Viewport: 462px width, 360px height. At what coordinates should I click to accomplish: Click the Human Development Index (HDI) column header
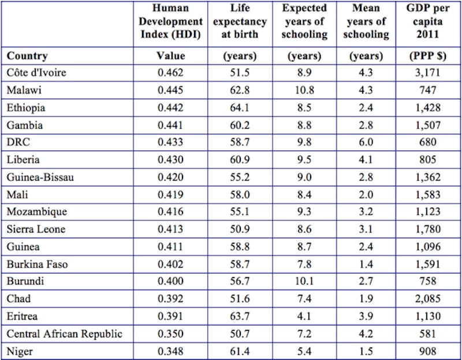[x=171, y=22]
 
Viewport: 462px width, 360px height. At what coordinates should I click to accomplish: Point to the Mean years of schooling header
[x=366, y=22]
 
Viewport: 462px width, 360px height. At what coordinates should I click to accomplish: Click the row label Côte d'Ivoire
[x=36, y=73]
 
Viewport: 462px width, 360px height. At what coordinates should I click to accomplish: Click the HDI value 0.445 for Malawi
[x=171, y=90]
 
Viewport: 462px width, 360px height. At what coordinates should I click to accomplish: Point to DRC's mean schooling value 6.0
[x=366, y=142]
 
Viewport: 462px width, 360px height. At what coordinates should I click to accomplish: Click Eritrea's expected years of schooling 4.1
[x=305, y=316]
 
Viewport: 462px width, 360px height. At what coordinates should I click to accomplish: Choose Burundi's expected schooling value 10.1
[x=305, y=282]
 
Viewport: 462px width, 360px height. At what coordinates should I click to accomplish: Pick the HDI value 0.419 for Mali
[x=171, y=194]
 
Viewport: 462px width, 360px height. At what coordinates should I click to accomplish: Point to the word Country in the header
[x=27, y=56]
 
